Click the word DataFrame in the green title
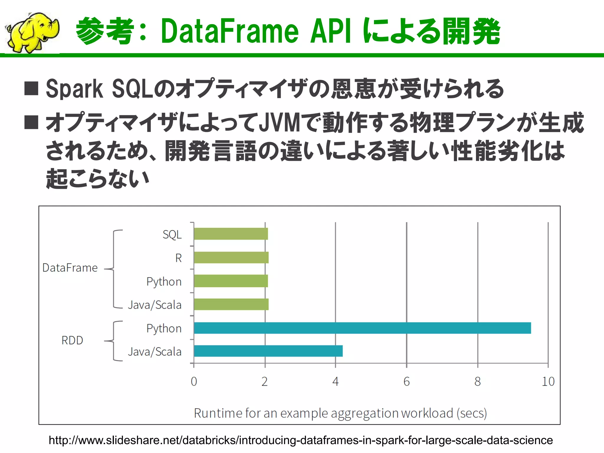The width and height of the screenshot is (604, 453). coord(230,31)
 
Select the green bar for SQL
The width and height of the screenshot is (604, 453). coord(231,234)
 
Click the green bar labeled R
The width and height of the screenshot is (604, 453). coord(231,257)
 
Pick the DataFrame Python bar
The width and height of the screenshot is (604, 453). coord(231,281)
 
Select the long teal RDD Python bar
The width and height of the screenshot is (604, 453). coord(362,328)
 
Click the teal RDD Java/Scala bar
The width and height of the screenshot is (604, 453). coord(268,351)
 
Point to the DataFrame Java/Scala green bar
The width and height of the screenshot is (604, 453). coord(231,304)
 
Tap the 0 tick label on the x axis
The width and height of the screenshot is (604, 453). coord(194,382)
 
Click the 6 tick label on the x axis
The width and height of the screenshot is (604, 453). coord(406,382)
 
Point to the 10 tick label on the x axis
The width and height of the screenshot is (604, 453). coord(548,382)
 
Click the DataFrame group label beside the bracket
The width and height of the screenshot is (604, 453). coord(70,268)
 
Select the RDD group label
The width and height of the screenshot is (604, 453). coord(72,340)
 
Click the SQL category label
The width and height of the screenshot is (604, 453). coord(172,235)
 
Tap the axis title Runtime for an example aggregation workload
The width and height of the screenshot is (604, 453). coord(340,413)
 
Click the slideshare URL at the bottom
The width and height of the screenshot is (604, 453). coord(301,440)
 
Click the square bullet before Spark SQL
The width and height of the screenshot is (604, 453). coord(31,88)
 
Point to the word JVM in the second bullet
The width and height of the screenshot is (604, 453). coord(279,123)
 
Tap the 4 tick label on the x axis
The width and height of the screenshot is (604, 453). coord(335,382)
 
